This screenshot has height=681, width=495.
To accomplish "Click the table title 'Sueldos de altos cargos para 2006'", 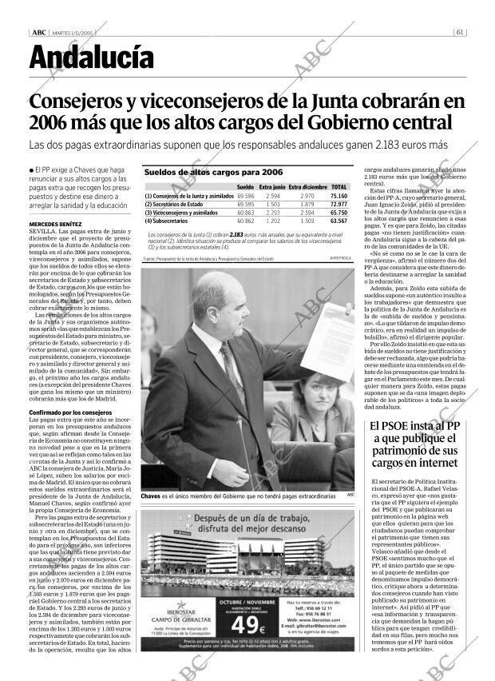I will click(x=213, y=172).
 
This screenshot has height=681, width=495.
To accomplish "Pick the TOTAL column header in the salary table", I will click(x=339, y=186).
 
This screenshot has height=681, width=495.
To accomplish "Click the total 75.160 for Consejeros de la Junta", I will click(x=339, y=196).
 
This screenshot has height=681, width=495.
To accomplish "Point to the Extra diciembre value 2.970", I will click(x=307, y=196).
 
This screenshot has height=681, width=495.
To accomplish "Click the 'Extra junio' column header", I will click(x=273, y=186).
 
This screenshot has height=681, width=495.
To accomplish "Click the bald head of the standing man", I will click(x=212, y=296).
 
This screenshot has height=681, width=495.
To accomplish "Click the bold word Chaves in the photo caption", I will click(x=151, y=497).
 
